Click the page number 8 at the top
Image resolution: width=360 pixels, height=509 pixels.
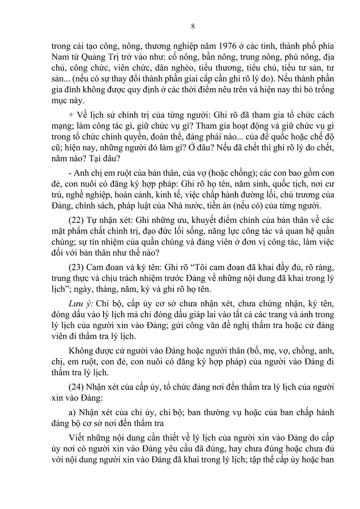pyautogui.click(x=192, y=26)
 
